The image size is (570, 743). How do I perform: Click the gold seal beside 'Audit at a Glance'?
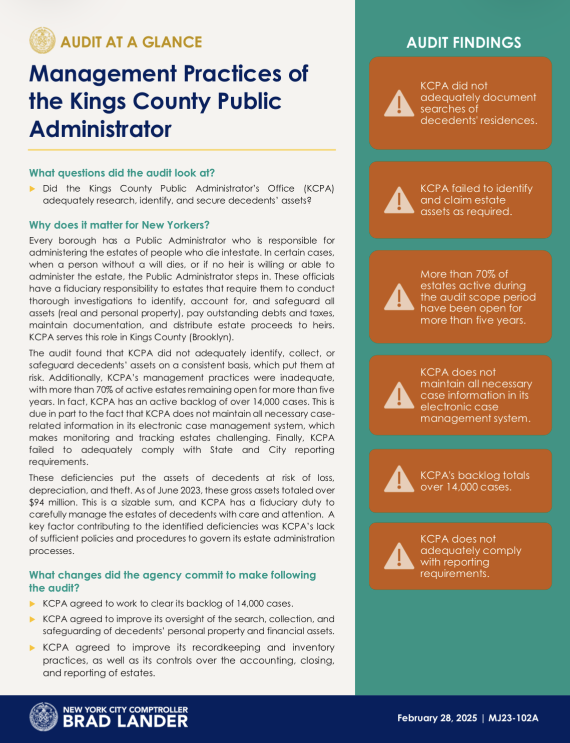pos(42,41)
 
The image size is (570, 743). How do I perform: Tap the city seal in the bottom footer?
pos(44,717)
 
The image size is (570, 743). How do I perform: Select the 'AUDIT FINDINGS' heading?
pos(463,43)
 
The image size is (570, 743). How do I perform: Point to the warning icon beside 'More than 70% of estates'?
pos(399,297)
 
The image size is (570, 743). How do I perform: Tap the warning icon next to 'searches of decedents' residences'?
pos(399,104)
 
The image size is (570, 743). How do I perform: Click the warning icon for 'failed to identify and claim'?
pos(399,200)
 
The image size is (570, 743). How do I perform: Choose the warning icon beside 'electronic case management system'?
pos(399,395)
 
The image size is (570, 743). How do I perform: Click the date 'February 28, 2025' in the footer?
pos(437,718)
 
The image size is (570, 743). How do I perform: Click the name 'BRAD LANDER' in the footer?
pos(125,721)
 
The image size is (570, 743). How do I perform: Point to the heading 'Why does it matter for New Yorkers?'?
pos(119,225)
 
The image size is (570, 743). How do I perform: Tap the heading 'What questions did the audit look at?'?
pos(122,173)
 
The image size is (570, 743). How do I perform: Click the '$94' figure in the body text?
pos(37,502)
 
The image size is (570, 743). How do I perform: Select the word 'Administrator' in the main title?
pos(100,129)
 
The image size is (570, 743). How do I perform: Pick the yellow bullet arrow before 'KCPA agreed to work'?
pos(33,604)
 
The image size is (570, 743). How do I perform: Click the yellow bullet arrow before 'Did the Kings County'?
pos(33,189)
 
